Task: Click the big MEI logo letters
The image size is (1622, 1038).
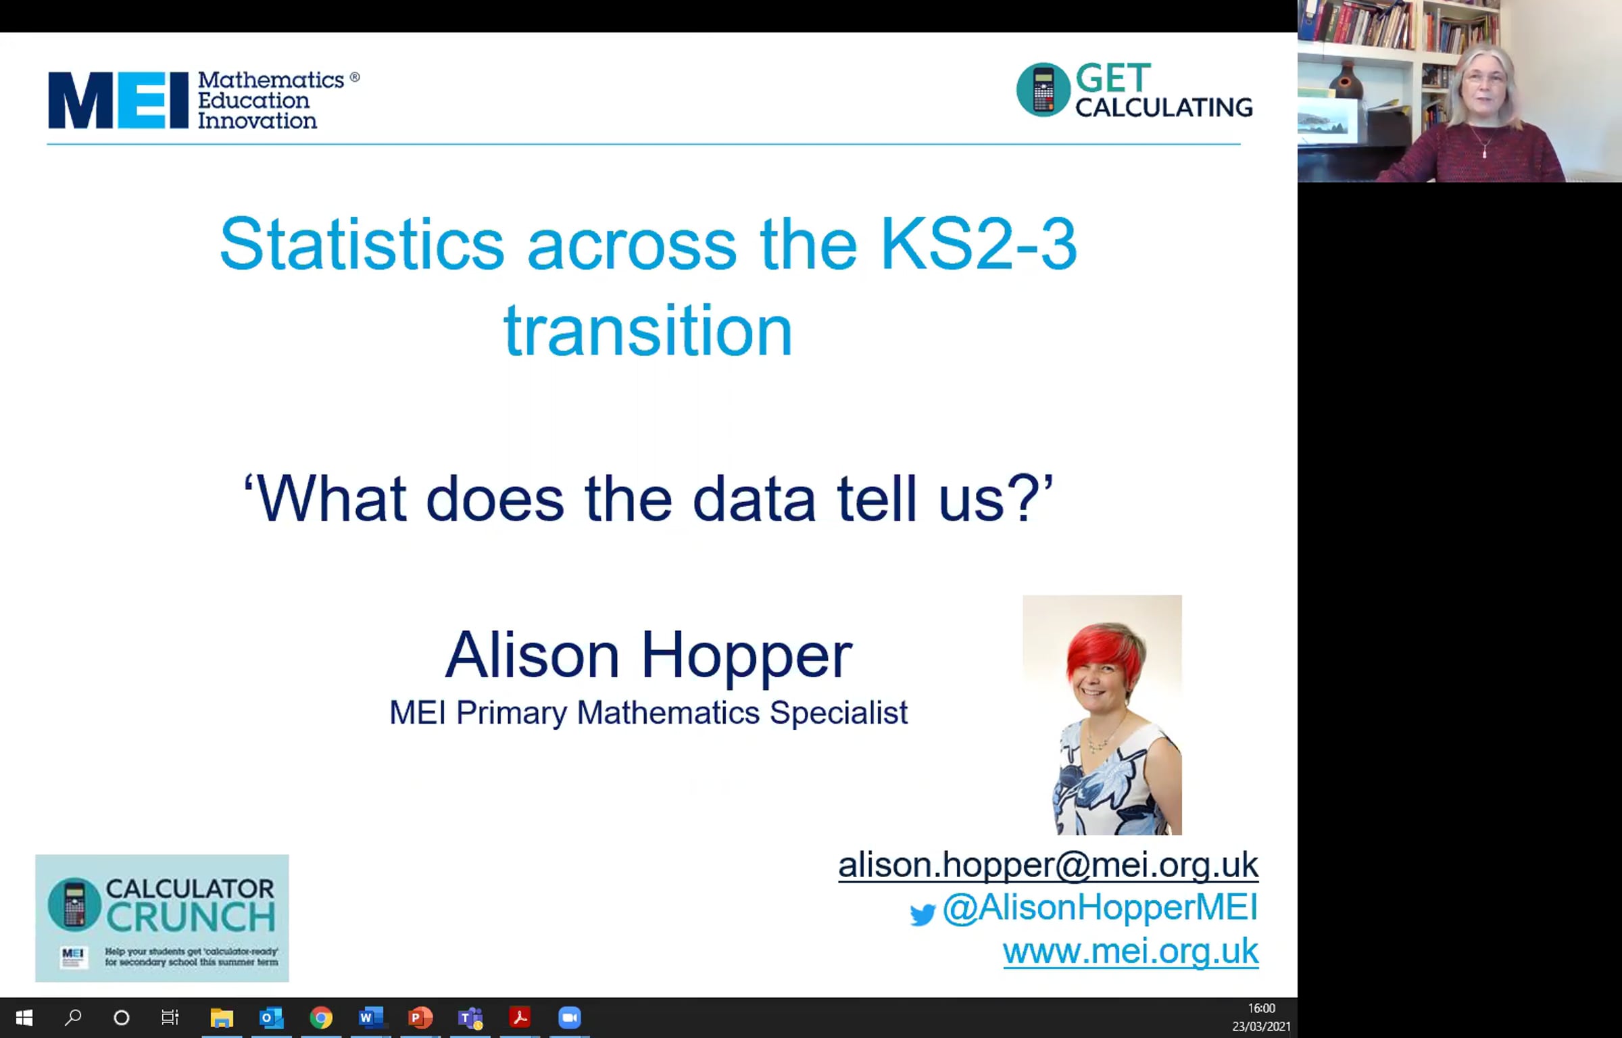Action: [118, 100]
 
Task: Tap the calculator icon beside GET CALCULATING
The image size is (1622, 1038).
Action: [1043, 89]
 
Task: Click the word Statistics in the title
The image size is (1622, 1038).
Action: [362, 244]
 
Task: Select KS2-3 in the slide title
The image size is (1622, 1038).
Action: [978, 244]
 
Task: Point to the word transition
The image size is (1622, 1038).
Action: [648, 330]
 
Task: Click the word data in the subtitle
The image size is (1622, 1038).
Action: [754, 499]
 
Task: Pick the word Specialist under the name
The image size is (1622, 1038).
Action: [839, 712]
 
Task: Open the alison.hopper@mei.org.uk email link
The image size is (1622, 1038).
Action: [1048, 864]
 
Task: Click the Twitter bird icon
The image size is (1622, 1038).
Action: [923, 914]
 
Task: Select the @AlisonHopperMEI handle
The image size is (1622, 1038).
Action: [1100, 907]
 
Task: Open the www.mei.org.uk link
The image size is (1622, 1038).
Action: [1131, 951]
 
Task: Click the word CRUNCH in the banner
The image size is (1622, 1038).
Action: [191, 917]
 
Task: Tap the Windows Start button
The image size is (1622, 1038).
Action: [24, 1018]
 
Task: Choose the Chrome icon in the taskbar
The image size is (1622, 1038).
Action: [321, 1018]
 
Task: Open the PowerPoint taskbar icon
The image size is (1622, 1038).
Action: [420, 1018]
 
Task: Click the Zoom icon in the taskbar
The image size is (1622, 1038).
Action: [570, 1018]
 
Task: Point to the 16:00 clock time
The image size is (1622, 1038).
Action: [1261, 1008]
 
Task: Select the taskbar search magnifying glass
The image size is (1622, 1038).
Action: [73, 1018]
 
